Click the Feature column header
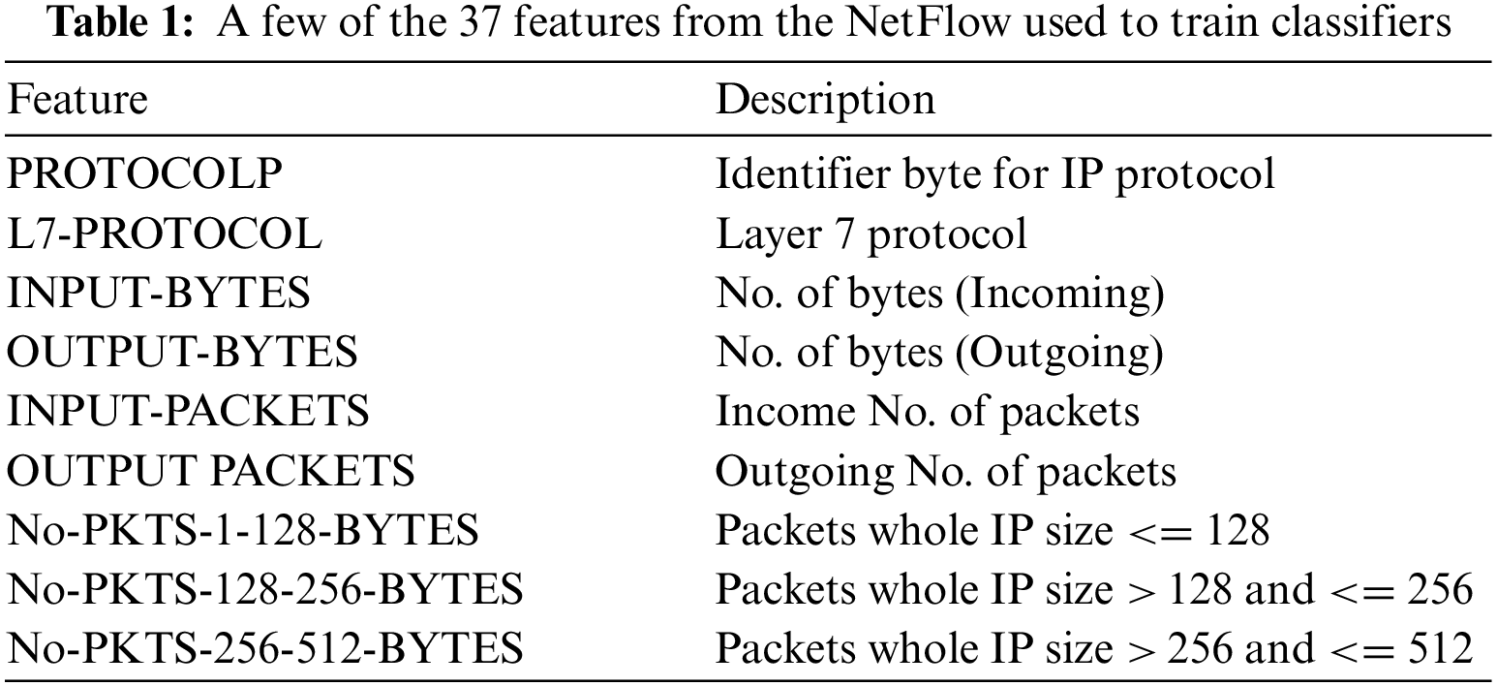pyautogui.click(x=77, y=100)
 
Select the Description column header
pyautogui.click(x=825, y=101)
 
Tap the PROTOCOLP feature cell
pyautogui.click(x=145, y=173)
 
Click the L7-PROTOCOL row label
pyautogui.click(x=165, y=234)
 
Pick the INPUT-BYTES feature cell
pyautogui.click(x=159, y=293)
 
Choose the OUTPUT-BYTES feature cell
pyautogui.click(x=182, y=352)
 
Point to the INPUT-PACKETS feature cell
pyautogui.click(x=189, y=411)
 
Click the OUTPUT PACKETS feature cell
pyautogui.click(x=211, y=470)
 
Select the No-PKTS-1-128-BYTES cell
pyautogui.click(x=243, y=530)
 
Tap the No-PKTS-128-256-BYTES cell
pyautogui.click(x=265, y=589)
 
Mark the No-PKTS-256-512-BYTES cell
pyautogui.click(x=265, y=648)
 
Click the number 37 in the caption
pyautogui.click(x=480, y=22)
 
